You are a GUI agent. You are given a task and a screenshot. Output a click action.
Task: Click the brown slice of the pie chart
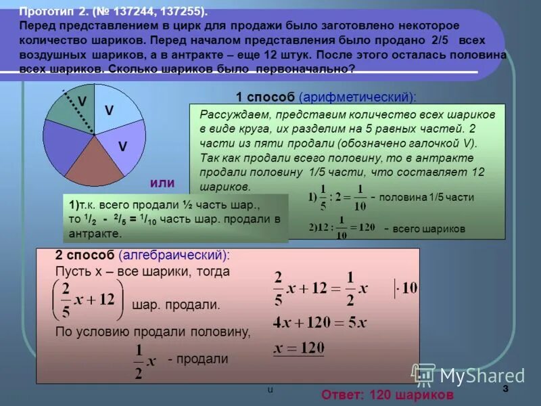tap(95, 166)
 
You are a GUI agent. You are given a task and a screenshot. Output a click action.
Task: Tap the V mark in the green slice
tap(82, 100)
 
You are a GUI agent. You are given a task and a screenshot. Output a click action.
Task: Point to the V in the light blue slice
tap(109, 110)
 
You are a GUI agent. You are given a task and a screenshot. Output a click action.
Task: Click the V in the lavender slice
tap(122, 145)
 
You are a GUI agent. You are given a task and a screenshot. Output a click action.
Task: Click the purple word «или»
tap(162, 183)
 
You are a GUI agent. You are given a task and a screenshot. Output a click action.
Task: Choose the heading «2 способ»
tap(85, 255)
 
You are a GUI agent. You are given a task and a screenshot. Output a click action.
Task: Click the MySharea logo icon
tap(424, 374)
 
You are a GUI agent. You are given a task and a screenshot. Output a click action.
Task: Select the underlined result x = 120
tap(298, 347)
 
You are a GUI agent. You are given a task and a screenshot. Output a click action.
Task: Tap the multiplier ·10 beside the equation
tap(406, 288)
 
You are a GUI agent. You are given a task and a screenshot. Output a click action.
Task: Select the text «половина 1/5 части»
tap(427, 197)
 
